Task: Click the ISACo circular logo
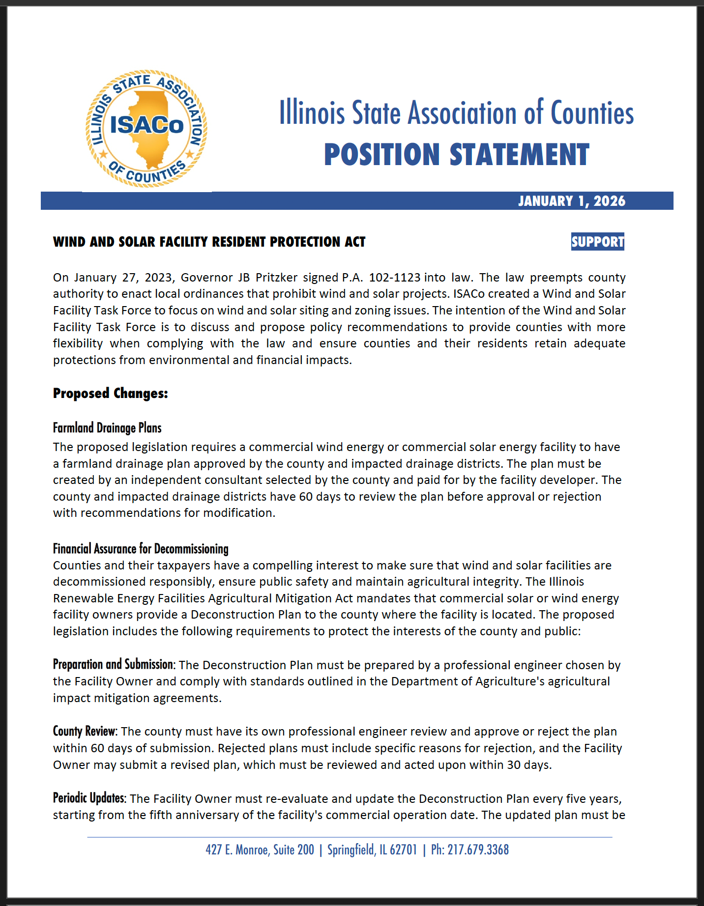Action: (x=146, y=129)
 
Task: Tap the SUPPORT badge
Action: (x=597, y=242)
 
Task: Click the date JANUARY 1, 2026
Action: (x=571, y=201)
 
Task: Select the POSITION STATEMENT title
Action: (x=456, y=155)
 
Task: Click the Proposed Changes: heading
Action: (x=111, y=393)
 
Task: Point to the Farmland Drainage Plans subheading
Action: (x=107, y=428)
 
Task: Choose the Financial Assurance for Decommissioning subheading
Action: (x=141, y=549)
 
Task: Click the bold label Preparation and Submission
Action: (x=114, y=665)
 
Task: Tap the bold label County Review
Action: (x=85, y=732)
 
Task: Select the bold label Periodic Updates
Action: (x=89, y=798)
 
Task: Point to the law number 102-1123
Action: (x=394, y=278)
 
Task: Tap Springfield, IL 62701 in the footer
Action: (x=372, y=850)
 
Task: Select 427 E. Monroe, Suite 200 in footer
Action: (x=260, y=850)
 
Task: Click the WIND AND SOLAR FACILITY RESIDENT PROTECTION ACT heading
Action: (x=209, y=242)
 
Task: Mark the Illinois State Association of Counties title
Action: (x=456, y=113)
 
